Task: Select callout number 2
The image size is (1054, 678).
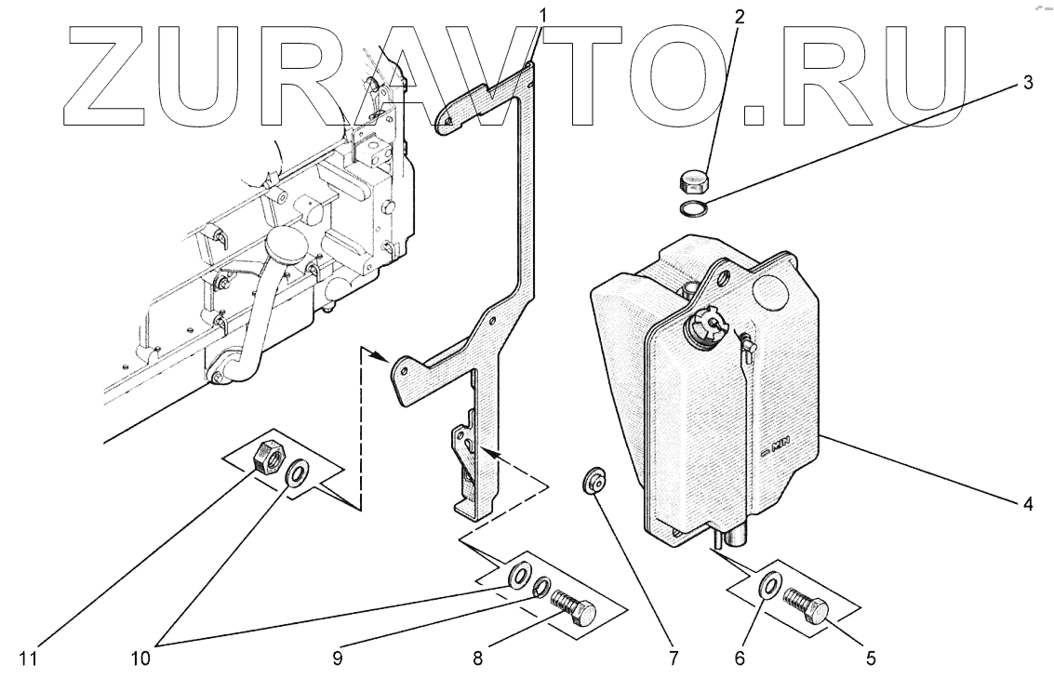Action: [739, 16]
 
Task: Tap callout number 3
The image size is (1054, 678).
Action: [1028, 83]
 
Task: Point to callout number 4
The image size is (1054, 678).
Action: [1028, 504]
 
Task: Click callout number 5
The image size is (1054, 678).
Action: [872, 658]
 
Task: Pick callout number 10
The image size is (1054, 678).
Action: [140, 658]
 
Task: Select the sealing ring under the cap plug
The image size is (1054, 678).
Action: [692, 207]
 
